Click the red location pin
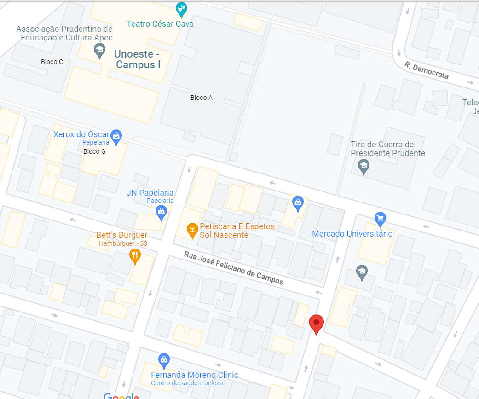pyautogui.click(x=316, y=324)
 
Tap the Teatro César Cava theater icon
pyautogui.click(x=182, y=8)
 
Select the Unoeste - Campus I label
pyautogui.click(x=138, y=59)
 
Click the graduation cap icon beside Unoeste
pyautogui.click(x=99, y=51)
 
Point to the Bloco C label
pyautogui.click(x=52, y=62)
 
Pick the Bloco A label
pyautogui.click(x=202, y=98)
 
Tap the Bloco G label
pyautogui.click(x=94, y=151)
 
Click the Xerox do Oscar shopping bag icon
pyautogui.click(x=116, y=136)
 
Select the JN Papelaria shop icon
pyautogui.click(x=161, y=212)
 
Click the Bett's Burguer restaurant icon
pyautogui.click(x=134, y=256)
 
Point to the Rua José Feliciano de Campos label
pyautogui.click(x=234, y=268)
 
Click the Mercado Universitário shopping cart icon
pyautogui.click(x=380, y=219)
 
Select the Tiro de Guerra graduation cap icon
pyautogui.click(x=364, y=166)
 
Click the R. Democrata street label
pyautogui.click(x=427, y=70)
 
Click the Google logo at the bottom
pyautogui.click(x=121, y=396)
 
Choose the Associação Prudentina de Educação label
pyautogui.click(x=64, y=33)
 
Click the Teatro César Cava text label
pyautogui.click(x=160, y=23)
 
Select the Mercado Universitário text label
pyautogui.click(x=352, y=234)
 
